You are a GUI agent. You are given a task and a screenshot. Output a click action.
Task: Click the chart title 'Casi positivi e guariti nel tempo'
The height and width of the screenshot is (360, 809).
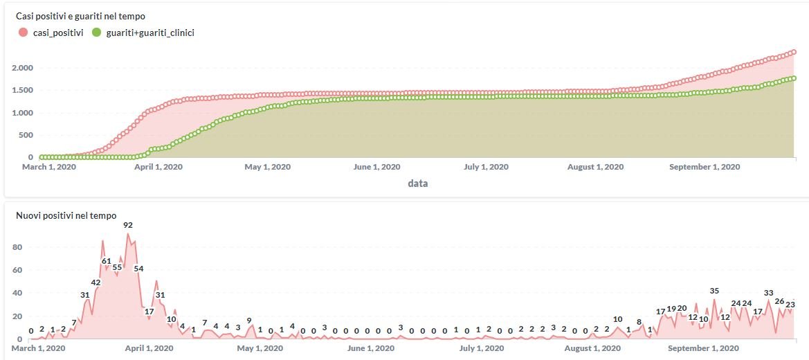point(80,16)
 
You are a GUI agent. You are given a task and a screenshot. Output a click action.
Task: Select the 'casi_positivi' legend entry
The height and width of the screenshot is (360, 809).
point(53,33)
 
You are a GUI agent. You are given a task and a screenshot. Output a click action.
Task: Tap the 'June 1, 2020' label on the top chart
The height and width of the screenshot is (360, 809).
point(376,167)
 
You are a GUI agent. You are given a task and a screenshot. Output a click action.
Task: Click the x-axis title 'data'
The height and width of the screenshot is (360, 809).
point(417,183)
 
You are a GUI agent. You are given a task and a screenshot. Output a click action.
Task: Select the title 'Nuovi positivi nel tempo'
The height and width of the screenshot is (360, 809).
point(66,216)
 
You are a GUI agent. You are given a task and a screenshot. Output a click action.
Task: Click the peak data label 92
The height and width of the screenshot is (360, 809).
point(128,225)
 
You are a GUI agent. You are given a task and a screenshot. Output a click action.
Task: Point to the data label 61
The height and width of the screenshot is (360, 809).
point(106,261)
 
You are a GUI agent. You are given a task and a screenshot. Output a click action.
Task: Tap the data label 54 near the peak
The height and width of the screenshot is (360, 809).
point(138,268)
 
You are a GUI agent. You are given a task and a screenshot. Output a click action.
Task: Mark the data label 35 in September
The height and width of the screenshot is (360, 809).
point(714,291)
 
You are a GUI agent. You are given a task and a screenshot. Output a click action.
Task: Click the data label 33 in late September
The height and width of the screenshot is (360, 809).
point(768,293)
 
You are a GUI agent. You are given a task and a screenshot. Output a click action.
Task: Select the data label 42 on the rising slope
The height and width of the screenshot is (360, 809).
point(96,282)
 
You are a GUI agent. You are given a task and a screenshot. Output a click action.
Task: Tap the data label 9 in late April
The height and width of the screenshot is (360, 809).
point(249,321)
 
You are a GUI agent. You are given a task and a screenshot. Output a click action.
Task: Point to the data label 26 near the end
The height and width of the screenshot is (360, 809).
point(779,301)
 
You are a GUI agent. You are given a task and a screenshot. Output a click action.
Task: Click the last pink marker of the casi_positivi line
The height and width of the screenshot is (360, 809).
point(794,52)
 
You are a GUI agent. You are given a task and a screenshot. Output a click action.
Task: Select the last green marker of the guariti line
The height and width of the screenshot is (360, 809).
point(794,78)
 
